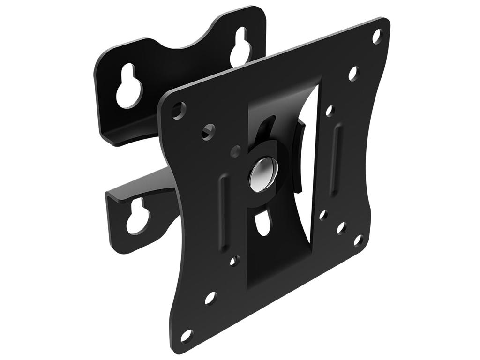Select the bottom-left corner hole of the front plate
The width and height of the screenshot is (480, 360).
[x=187, y=335]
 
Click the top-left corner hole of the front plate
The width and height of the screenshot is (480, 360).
[x=178, y=110]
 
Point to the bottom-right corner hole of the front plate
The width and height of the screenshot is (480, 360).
[x=358, y=240]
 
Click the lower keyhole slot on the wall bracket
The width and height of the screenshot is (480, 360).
[x=138, y=217]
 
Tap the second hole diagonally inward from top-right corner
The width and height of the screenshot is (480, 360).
[x=353, y=73]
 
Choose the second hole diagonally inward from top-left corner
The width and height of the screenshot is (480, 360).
[x=208, y=132]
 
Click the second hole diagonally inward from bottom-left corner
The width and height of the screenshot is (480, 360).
[x=210, y=298]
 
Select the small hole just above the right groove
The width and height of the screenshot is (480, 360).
[x=330, y=111]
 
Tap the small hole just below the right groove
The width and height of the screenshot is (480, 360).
[x=323, y=215]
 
